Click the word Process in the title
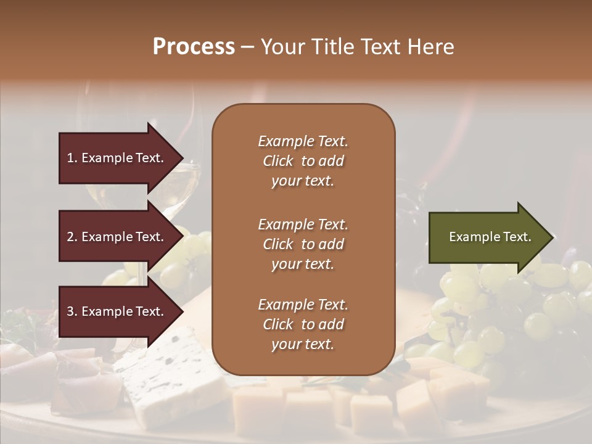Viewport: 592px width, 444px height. (194, 47)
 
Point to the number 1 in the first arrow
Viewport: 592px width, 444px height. (70, 158)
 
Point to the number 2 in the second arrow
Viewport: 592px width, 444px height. (70, 237)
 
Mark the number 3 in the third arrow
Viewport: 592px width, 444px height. (70, 312)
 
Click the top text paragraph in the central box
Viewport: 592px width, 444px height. (303, 161)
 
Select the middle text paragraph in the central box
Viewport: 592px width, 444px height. (303, 244)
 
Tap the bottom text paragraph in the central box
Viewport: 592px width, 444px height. (303, 324)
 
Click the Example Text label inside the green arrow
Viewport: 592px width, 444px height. (490, 237)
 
